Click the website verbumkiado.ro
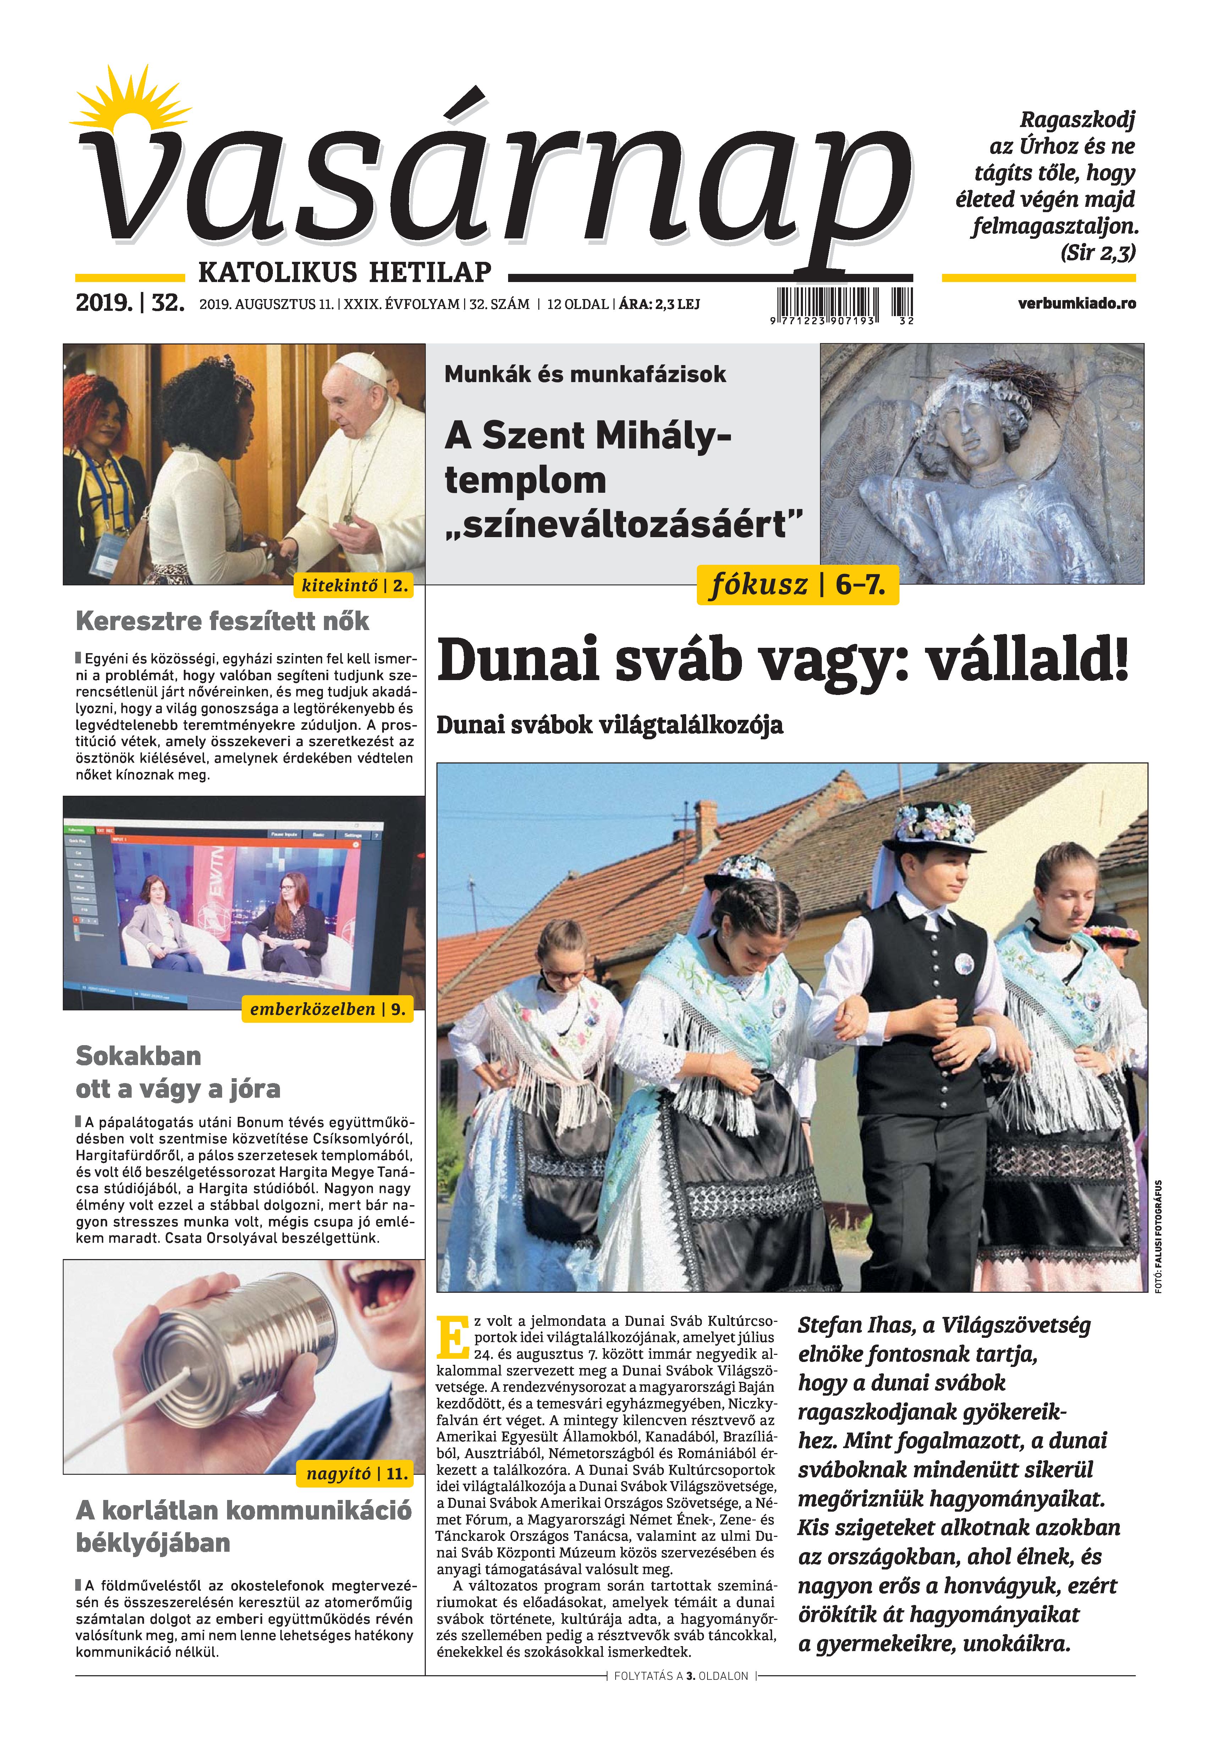pyautogui.click(x=1077, y=303)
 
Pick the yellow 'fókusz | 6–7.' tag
pyautogui.click(x=797, y=585)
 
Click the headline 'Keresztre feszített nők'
pyautogui.click(x=222, y=621)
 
